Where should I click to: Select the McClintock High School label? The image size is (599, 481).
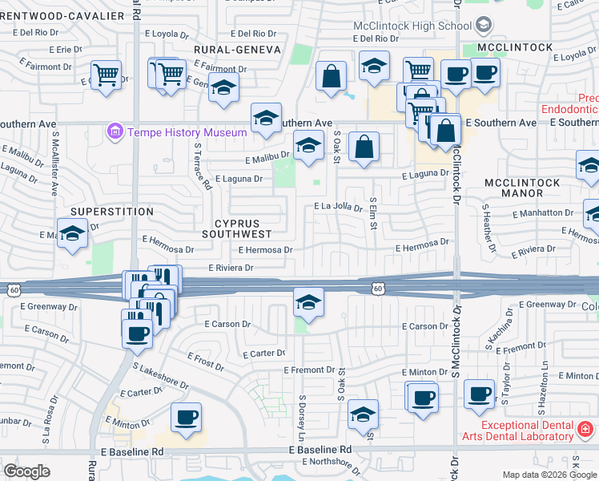(412, 26)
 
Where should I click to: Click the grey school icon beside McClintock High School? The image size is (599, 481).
(483, 26)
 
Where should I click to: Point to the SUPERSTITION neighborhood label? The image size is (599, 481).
(111, 212)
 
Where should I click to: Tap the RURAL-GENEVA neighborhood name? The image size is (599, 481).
(237, 50)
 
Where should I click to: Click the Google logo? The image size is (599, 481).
(26, 471)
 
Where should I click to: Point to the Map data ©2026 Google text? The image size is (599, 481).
(549, 475)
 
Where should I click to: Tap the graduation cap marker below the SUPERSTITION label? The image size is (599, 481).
(72, 235)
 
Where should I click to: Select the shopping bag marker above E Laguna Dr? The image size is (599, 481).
(364, 148)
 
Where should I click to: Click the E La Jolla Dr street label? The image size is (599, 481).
(338, 207)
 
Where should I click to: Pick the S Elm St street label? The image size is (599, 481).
(372, 212)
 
